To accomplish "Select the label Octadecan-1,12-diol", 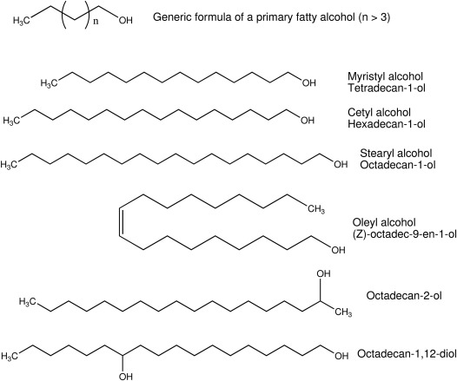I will tap(402, 354).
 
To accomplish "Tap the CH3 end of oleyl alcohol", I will tap(315, 208).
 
